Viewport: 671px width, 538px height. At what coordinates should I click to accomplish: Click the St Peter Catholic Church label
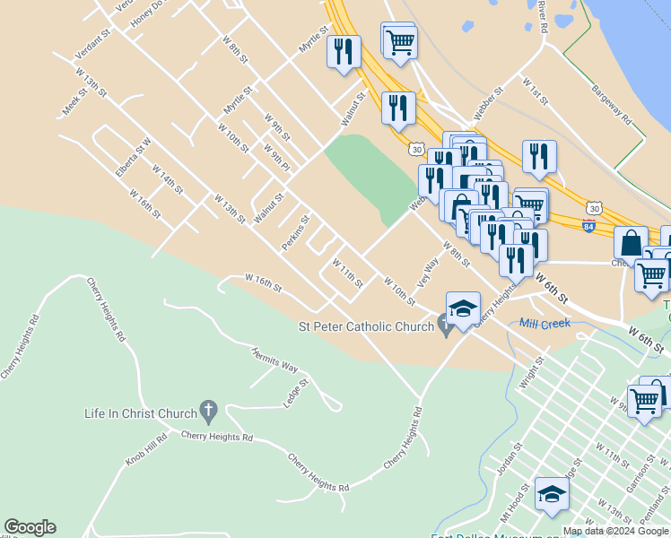point(366,327)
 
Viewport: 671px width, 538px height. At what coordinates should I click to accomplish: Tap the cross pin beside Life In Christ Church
point(208,412)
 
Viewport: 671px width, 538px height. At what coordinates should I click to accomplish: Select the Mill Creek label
point(545,323)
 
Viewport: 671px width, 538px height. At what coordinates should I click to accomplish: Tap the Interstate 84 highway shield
point(588,226)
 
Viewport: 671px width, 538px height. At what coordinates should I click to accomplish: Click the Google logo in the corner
point(30,527)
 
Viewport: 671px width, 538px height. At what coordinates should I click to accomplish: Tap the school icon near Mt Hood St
point(552,493)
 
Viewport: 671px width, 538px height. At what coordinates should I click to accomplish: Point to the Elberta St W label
point(133,157)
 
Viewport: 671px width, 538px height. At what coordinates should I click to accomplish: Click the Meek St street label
point(73,101)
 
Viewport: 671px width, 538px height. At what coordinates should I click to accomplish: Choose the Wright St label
point(532,372)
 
